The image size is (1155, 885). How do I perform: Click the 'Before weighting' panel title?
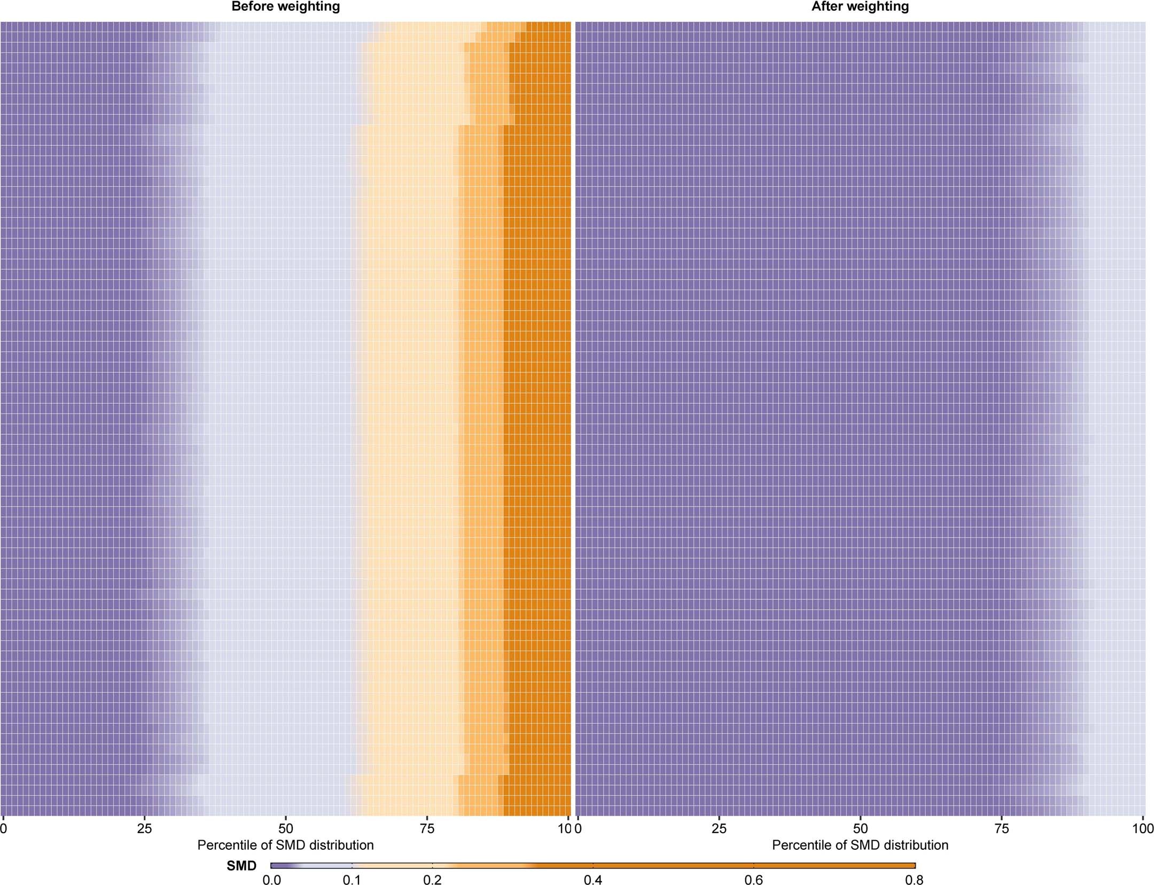(285, 7)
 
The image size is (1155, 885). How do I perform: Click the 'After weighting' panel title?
(860, 7)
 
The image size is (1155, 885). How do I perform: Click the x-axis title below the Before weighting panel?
(285, 845)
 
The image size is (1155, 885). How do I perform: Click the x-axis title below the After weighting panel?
(860, 845)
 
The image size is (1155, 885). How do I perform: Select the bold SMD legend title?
(241, 866)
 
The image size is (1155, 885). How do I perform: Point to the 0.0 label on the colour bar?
(271, 880)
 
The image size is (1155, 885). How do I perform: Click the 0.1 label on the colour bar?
(352, 880)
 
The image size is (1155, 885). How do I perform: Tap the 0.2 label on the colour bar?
(432, 880)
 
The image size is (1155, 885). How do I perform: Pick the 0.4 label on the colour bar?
(593, 880)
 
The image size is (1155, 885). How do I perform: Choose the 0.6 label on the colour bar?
(754, 880)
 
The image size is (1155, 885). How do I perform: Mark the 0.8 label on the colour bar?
(914, 880)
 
